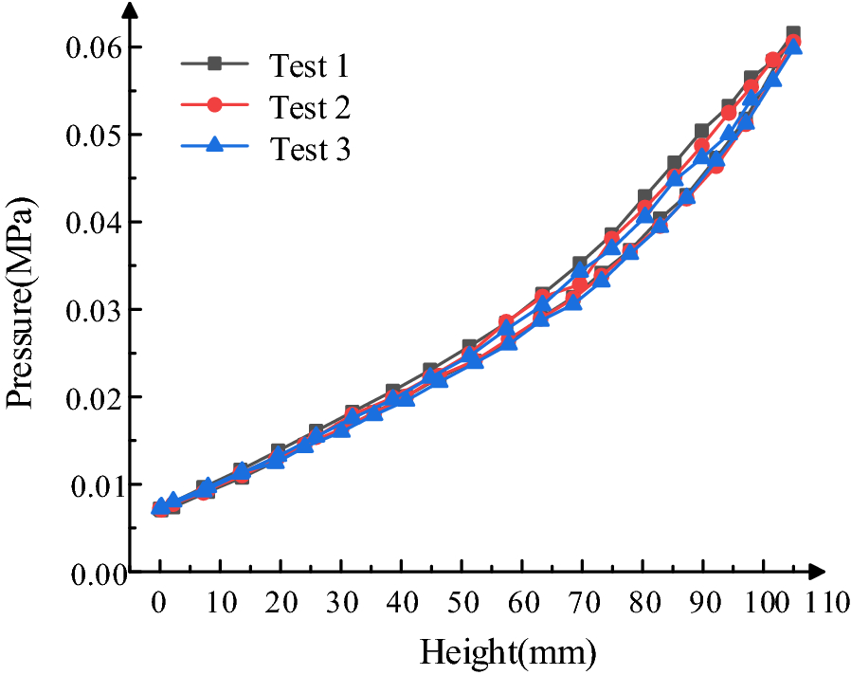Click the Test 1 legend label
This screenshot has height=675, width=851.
click(310, 65)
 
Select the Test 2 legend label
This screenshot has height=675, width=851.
click(310, 107)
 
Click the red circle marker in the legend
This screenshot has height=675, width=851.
click(214, 105)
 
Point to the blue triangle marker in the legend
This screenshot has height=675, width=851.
click(214, 146)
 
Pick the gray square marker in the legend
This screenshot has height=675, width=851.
click(214, 64)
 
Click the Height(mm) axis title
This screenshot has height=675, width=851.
click(508, 652)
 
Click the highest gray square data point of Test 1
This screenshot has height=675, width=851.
click(793, 34)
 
